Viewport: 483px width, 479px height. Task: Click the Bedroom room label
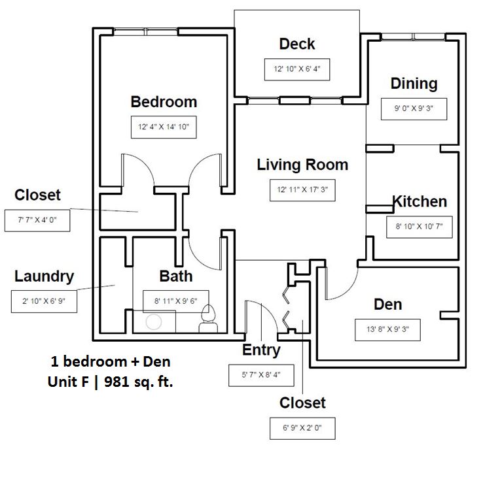point(164,102)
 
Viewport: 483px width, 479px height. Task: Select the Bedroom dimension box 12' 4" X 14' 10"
point(164,127)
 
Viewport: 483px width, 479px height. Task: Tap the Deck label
point(296,44)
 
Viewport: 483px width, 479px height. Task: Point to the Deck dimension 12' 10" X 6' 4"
point(296,69)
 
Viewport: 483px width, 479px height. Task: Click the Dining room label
point(414,84)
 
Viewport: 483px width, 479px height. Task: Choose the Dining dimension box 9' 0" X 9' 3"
point(414,109)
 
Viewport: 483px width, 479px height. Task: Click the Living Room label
point(302,165)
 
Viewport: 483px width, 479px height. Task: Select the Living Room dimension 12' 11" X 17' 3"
point(302,190)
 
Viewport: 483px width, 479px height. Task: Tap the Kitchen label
point(420,202)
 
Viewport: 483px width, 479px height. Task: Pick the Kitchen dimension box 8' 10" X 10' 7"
point(419,227)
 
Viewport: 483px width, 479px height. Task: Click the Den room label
point(387,305)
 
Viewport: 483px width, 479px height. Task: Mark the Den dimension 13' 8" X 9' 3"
point(387,330)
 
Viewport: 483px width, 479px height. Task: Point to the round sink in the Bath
point(154,322)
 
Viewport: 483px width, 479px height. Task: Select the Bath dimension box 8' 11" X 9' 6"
point(175,301)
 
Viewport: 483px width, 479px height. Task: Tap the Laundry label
point(44,276)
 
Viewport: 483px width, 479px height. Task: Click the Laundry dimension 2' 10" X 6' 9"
point(44,301)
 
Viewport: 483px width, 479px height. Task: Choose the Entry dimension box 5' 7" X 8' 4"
point(261,375)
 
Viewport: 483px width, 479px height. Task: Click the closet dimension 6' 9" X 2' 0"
point(302,429)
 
